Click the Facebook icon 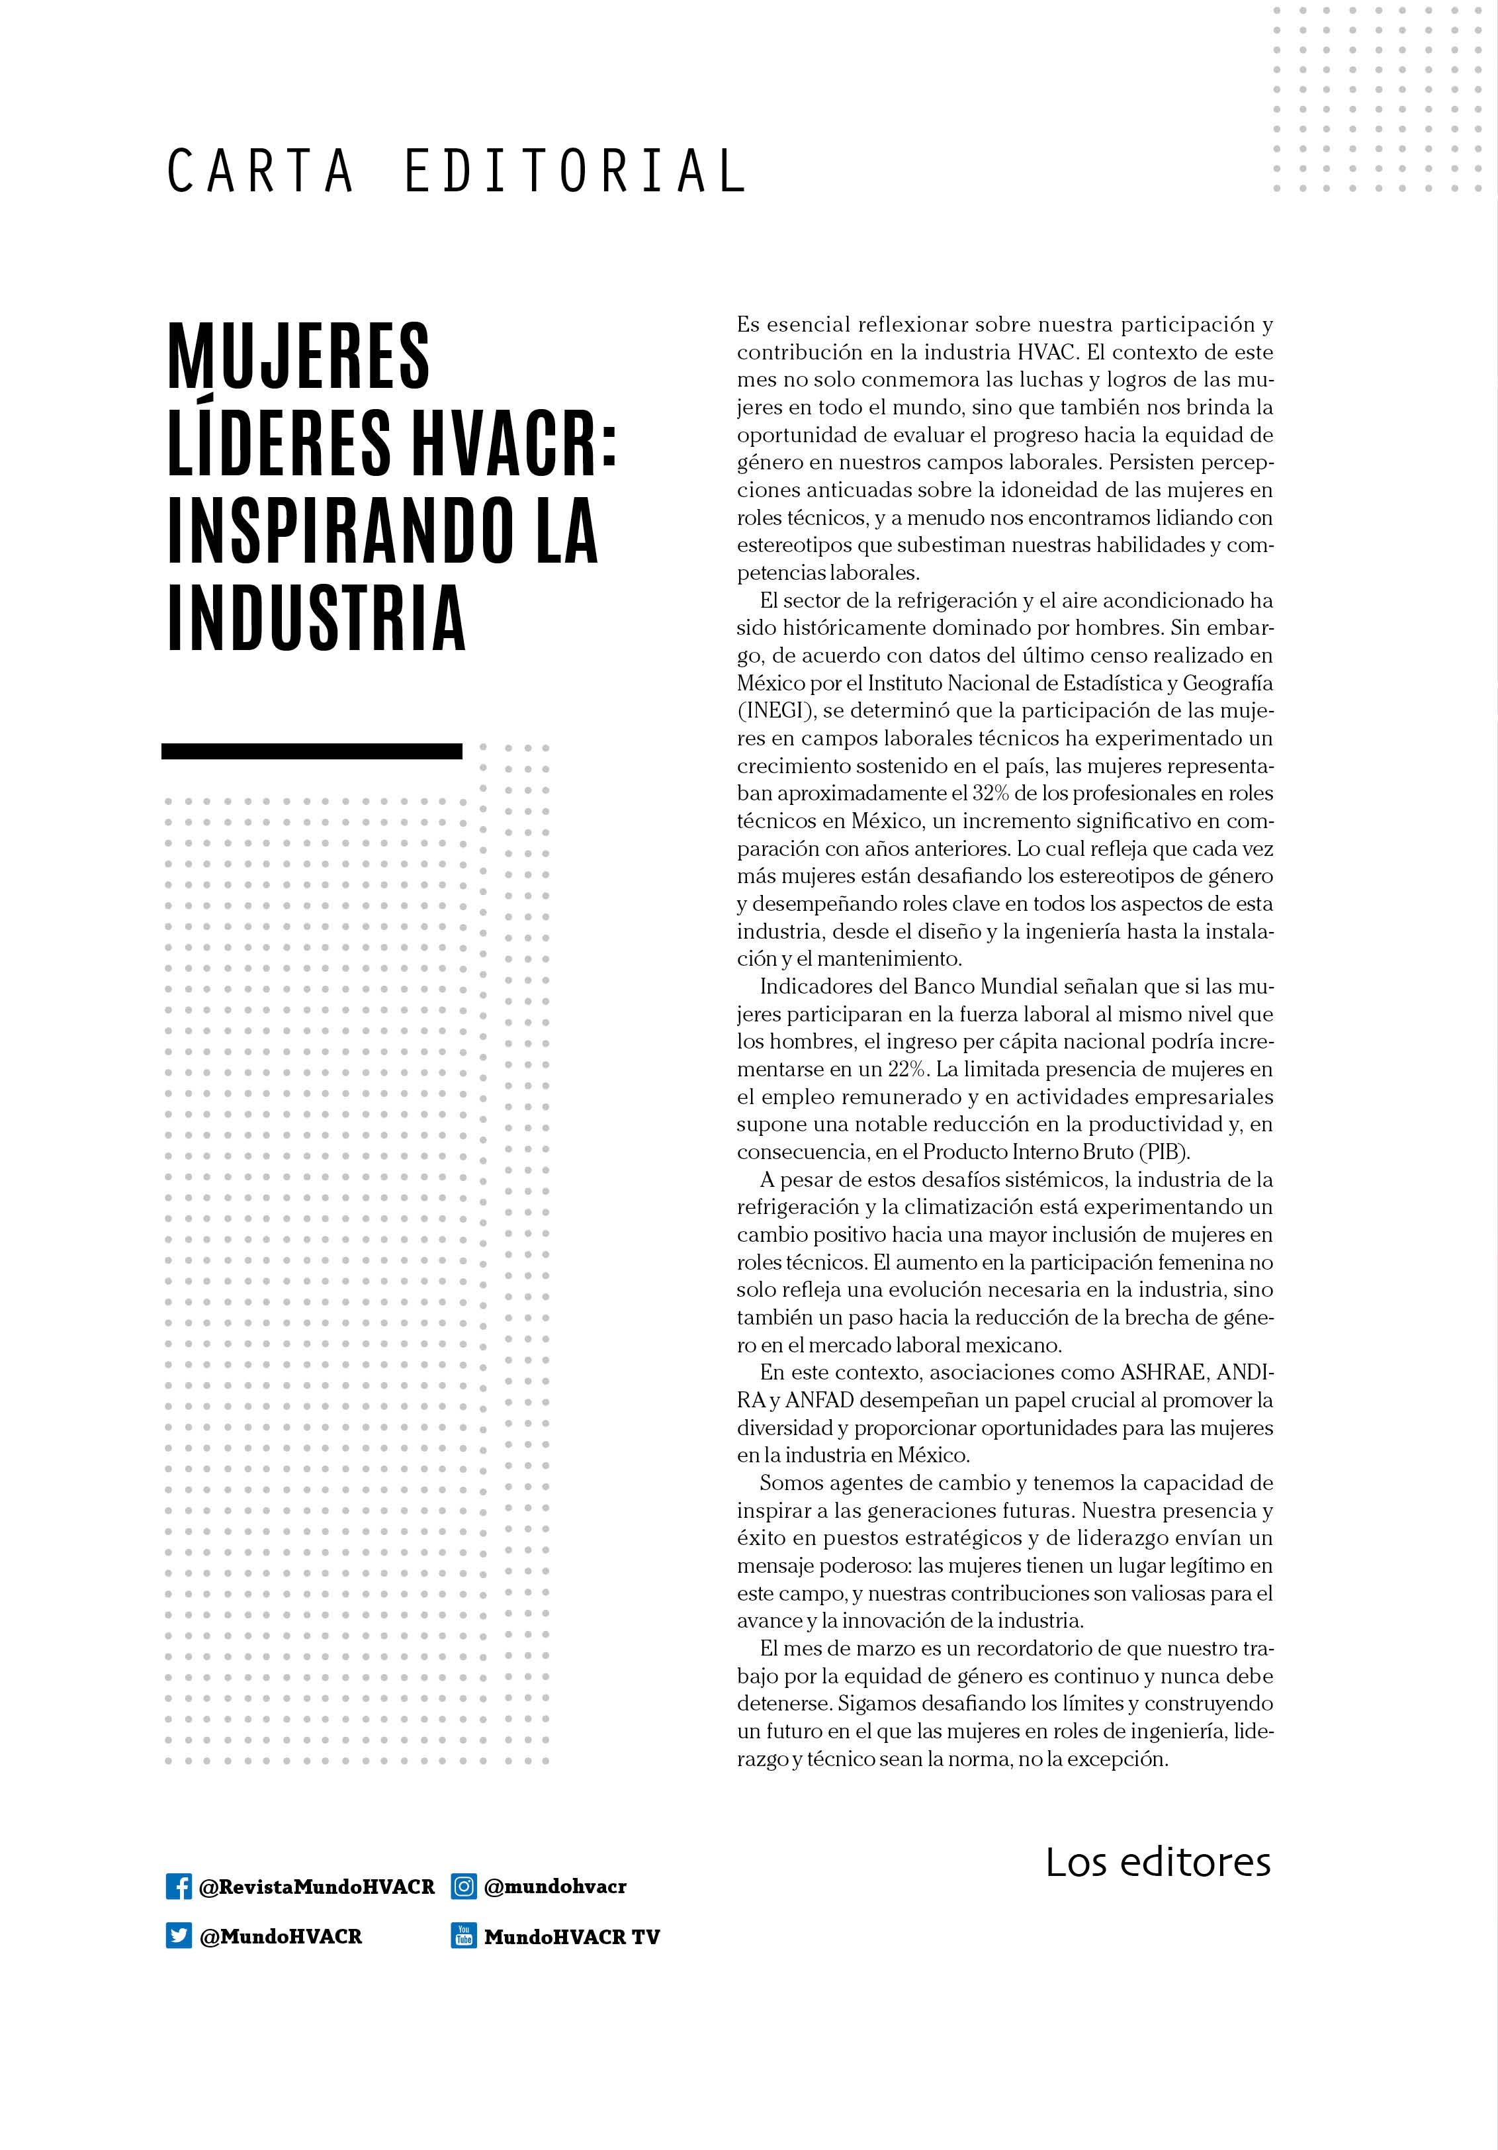coord(178,1886)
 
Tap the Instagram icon coord(463,1886)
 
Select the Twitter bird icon coord(178,1936)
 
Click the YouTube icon coord(463,1936)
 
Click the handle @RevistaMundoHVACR coord(316,1886)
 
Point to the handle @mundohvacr coord(555,1886)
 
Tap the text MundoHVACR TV coord(571,1936)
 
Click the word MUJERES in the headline coord(298,357)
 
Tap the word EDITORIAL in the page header coord(575,171)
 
